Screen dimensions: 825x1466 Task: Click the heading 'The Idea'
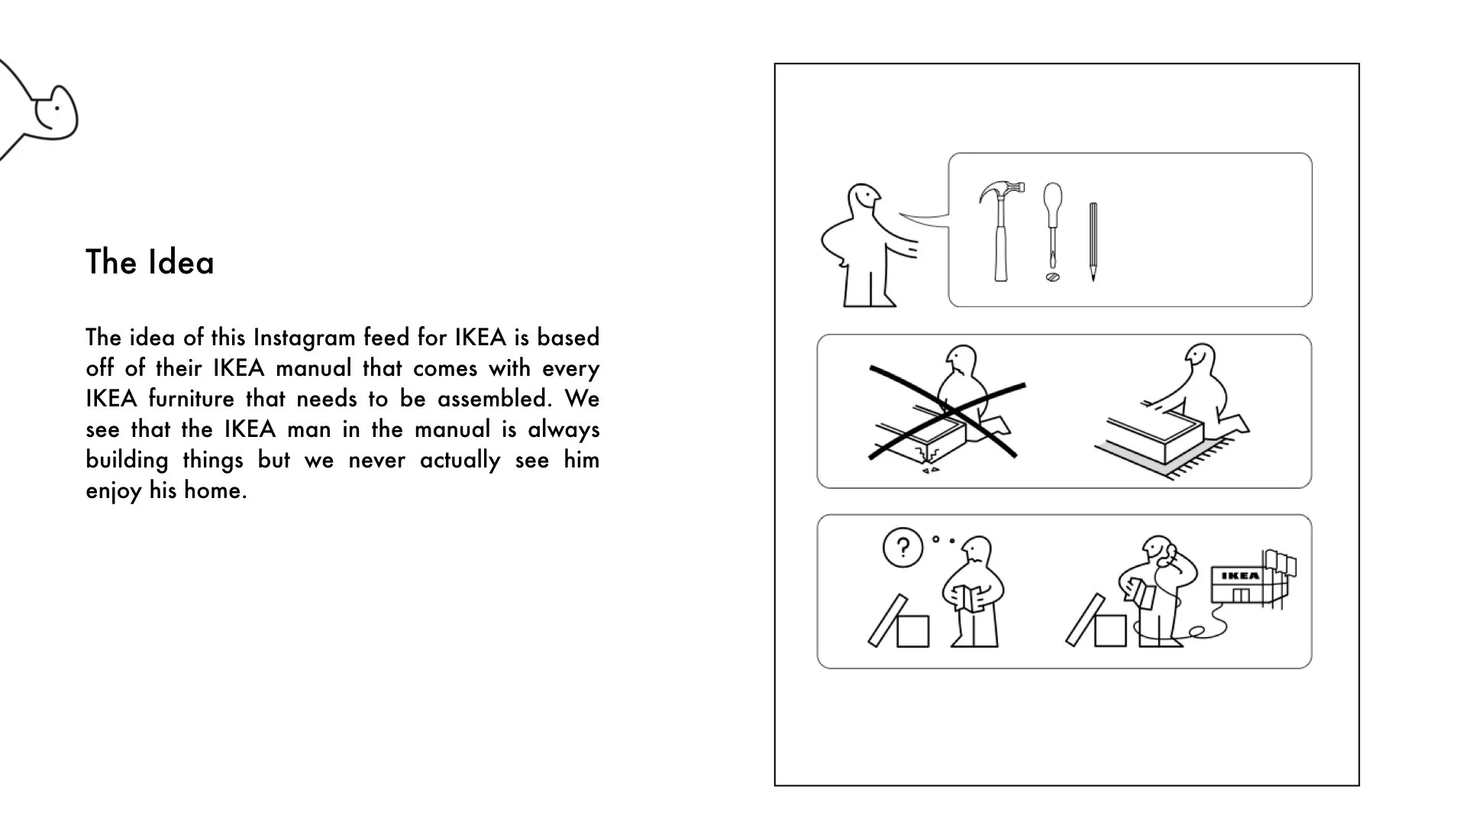click(150, 262)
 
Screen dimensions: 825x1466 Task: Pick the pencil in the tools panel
click(1093, 241)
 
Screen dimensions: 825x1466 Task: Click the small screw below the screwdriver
click(1052, 277)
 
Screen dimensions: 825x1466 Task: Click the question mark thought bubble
click(903, 548)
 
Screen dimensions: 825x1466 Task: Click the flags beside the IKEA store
click(1280, 562)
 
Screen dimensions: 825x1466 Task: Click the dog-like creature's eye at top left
click(56, 108)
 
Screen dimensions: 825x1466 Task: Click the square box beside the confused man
click(912, 631)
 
